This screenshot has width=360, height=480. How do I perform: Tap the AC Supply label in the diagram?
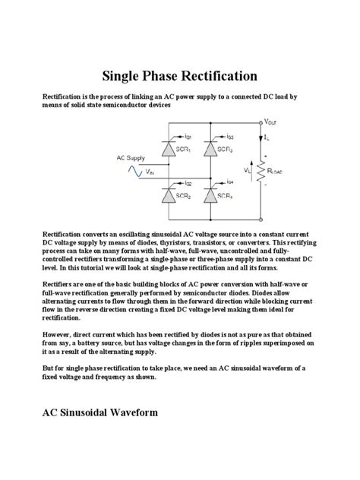[131, 158]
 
